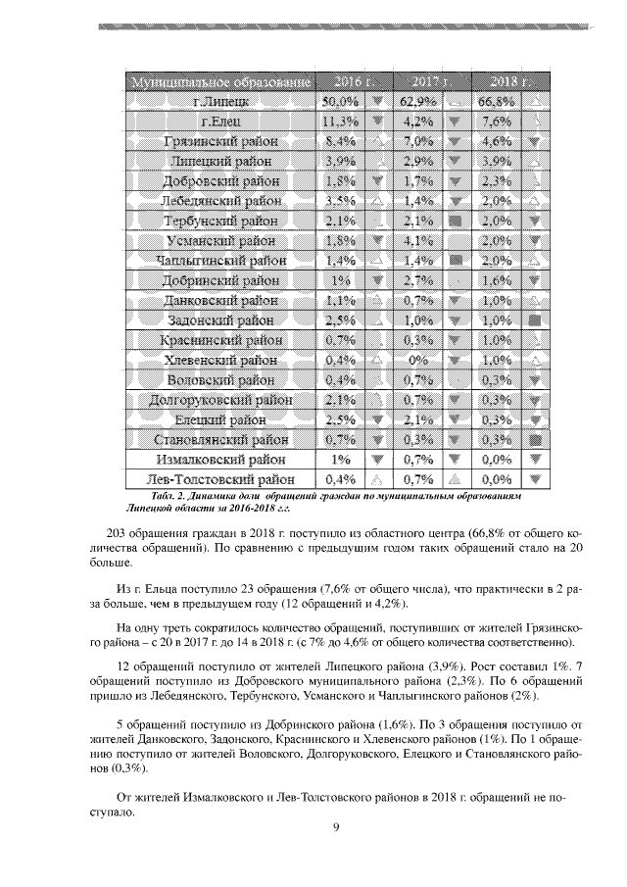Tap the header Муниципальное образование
(x=221, y=79)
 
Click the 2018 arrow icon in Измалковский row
(x=534, y=459)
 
